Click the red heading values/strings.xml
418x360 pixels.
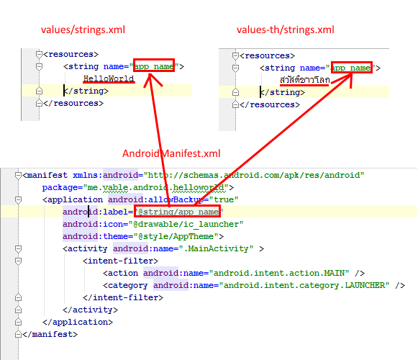pos(83,30)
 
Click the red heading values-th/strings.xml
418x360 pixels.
pos(285,30)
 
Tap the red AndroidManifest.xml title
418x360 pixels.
pos(171,153)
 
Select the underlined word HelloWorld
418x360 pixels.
pos(109,78)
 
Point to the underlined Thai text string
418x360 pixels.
pos(305,80)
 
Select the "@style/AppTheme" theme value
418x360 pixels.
pos(176,236)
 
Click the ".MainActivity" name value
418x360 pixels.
pos(216,248)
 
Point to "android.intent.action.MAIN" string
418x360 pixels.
pos(279,274)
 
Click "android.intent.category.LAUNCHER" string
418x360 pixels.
pos(304,286)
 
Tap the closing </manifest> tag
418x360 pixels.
pos(50,334)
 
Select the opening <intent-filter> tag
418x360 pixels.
pos(120,261)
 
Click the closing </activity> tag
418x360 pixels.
pos(90,310)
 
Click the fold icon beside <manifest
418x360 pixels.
pos(18,176)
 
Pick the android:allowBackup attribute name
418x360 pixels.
pos(155,200)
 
